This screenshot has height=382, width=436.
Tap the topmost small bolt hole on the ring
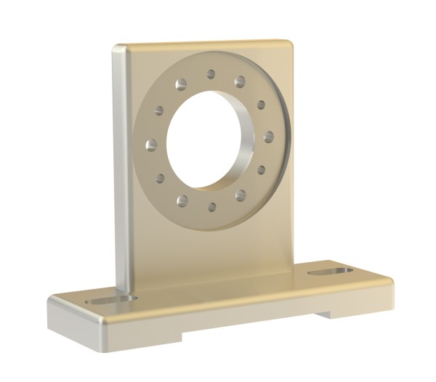coord(211,74)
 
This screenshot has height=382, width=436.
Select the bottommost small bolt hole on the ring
coord(211,206)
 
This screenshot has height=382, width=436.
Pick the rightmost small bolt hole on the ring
coord(269,137)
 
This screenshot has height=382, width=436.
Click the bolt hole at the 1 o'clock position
coord(240,82)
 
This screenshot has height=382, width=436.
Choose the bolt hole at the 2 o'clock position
coord(261,105)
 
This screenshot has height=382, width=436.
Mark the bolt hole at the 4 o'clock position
coord(261,171)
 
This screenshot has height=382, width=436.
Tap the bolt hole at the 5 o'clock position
coord(240,195)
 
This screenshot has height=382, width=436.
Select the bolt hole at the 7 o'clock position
coord(182,200)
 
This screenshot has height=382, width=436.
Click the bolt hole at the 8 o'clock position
coord(159,178)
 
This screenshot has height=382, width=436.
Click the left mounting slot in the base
coord(110,299)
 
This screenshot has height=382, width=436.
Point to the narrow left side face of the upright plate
coord(121,167)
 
